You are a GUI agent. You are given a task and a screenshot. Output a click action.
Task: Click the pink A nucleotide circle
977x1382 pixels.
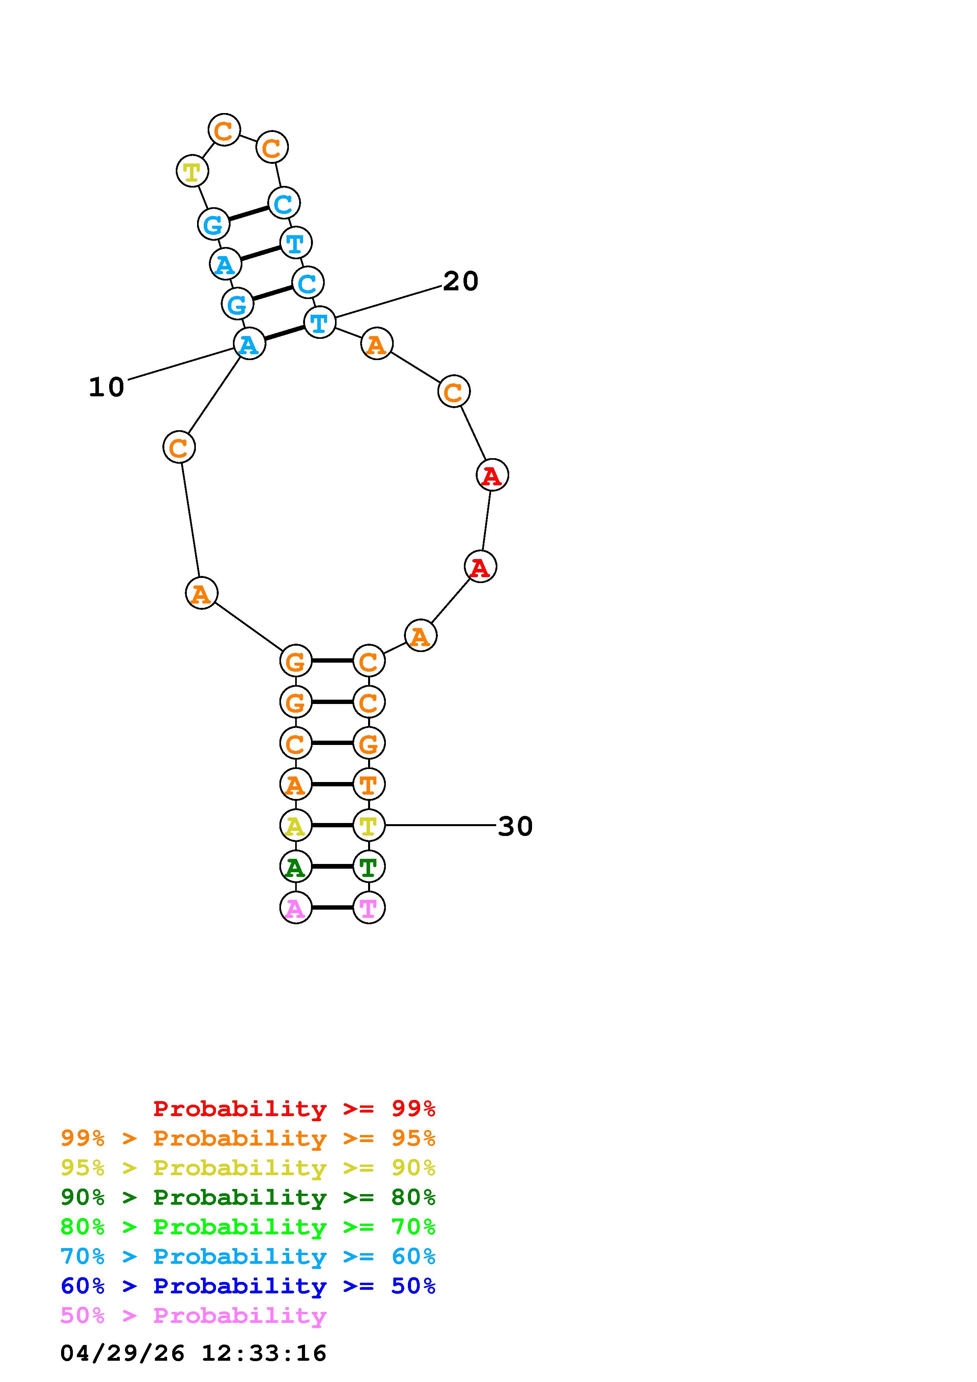[x=296, y=907]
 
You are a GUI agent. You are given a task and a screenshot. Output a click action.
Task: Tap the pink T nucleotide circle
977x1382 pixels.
[x=368, y=907]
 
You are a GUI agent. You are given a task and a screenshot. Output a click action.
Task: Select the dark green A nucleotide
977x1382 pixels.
[x=296, y=866]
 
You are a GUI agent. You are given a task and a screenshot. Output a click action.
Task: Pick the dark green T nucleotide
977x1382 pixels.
[x=368, y=866]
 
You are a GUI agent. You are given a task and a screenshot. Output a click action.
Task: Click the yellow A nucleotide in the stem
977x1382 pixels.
[x=296, y=825]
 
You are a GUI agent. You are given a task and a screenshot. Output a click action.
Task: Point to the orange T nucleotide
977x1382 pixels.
[x=368, y=784]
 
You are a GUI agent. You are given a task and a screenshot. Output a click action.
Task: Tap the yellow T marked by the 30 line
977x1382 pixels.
[x=368, y=825]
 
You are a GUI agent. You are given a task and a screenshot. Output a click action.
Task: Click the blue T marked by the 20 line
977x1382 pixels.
[x=320, y=323]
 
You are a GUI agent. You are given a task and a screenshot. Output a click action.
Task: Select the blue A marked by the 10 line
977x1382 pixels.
[x=249, y=344]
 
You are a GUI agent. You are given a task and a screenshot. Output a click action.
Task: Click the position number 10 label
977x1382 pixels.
[x=106, y=387]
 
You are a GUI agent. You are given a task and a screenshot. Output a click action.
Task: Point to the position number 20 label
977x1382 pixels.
[x=460, y=281]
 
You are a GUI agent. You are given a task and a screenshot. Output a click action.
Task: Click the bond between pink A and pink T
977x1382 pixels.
[x=332, y=907]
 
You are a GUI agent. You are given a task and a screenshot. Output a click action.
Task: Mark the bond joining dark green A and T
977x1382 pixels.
[x=332, y=866]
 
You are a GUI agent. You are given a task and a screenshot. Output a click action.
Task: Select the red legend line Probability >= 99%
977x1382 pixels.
[x=294, y=1109]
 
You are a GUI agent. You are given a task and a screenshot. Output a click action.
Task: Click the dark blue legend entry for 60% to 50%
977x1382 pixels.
[x=248, y=1286]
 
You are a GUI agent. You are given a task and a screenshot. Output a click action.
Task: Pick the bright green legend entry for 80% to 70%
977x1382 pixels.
[x=248, y=1227]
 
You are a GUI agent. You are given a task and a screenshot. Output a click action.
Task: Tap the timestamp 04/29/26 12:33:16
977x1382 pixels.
[x=193, y=1354]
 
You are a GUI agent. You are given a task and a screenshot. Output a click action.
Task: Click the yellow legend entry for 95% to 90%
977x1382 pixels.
[x=248, y=1168]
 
